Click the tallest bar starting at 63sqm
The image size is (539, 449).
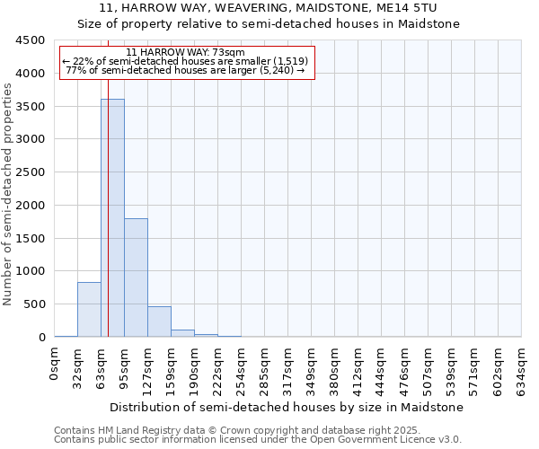click(112, 218)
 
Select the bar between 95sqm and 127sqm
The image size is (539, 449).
click(136, 277)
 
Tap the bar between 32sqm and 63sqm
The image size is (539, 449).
click(89, 310)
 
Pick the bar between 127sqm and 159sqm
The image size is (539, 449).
click(159, 321)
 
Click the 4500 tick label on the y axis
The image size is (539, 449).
click(30, 40)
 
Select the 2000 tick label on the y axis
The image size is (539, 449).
click(30, 206)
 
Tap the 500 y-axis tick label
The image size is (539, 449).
click(33, 304)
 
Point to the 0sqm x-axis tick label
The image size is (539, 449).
click(55, 365)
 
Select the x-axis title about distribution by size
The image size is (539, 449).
click(287, 407)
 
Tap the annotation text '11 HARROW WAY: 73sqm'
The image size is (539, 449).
click(186, 53)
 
